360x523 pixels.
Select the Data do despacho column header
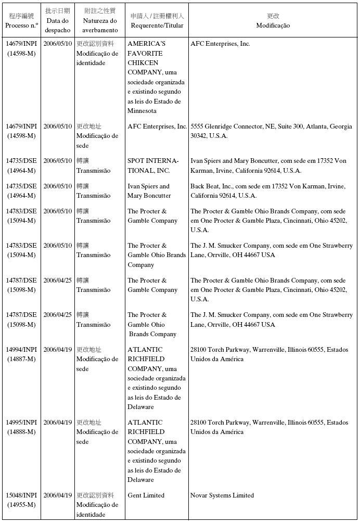point(57,25)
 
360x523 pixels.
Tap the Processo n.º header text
point(22,25)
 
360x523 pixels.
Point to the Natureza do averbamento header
point(100,25)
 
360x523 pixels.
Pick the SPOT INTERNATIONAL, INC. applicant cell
point(153,165)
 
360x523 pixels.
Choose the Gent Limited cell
point(146,495)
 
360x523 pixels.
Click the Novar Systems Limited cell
point(222,495)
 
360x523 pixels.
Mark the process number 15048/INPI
point(21,495)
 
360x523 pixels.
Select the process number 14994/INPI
point(21,350)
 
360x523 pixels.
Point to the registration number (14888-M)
point(21,432)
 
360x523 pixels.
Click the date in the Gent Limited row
point(57,495)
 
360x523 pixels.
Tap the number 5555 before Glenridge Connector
point(197,126)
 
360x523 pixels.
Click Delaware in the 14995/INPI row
point(140,480)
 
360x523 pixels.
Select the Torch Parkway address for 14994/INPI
point(269,354)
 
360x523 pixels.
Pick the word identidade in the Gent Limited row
point(91,515)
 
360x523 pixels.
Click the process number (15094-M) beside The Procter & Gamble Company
point(21,221)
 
